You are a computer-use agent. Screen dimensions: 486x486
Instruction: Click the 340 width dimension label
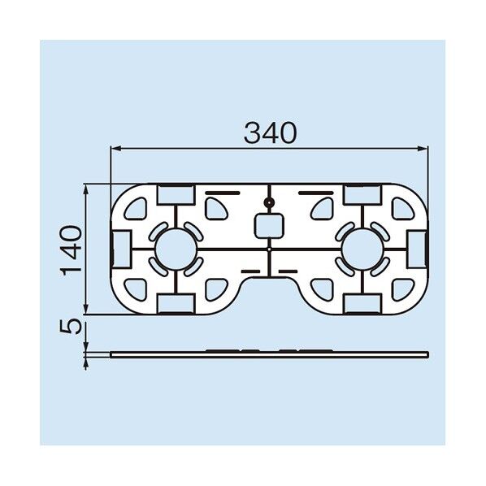point(270,133)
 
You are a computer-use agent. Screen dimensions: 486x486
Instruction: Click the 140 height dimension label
point(71,251)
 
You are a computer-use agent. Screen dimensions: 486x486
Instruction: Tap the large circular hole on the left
point(176,250)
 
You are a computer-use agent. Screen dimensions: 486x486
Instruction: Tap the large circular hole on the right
point(362,250)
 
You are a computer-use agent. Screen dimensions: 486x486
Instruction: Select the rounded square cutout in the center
point(269,226)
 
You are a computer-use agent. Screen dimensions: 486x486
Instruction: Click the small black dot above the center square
point(269,203)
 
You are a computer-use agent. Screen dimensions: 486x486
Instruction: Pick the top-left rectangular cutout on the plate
point(176,195)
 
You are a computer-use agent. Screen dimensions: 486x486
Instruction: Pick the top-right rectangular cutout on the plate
point(362,195)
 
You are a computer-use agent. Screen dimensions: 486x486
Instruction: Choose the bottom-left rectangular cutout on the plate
point(176,304)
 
